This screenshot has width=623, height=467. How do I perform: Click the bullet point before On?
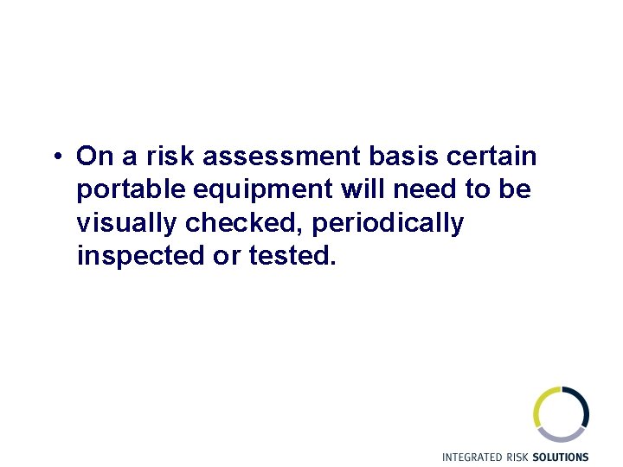click(55, 157)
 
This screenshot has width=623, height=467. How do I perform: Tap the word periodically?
click(388, 223)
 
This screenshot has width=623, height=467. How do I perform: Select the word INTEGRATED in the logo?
click(472, 457)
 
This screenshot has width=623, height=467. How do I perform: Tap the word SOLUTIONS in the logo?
click(560, 457)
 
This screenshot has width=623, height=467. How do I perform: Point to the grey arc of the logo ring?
click(562, 435)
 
